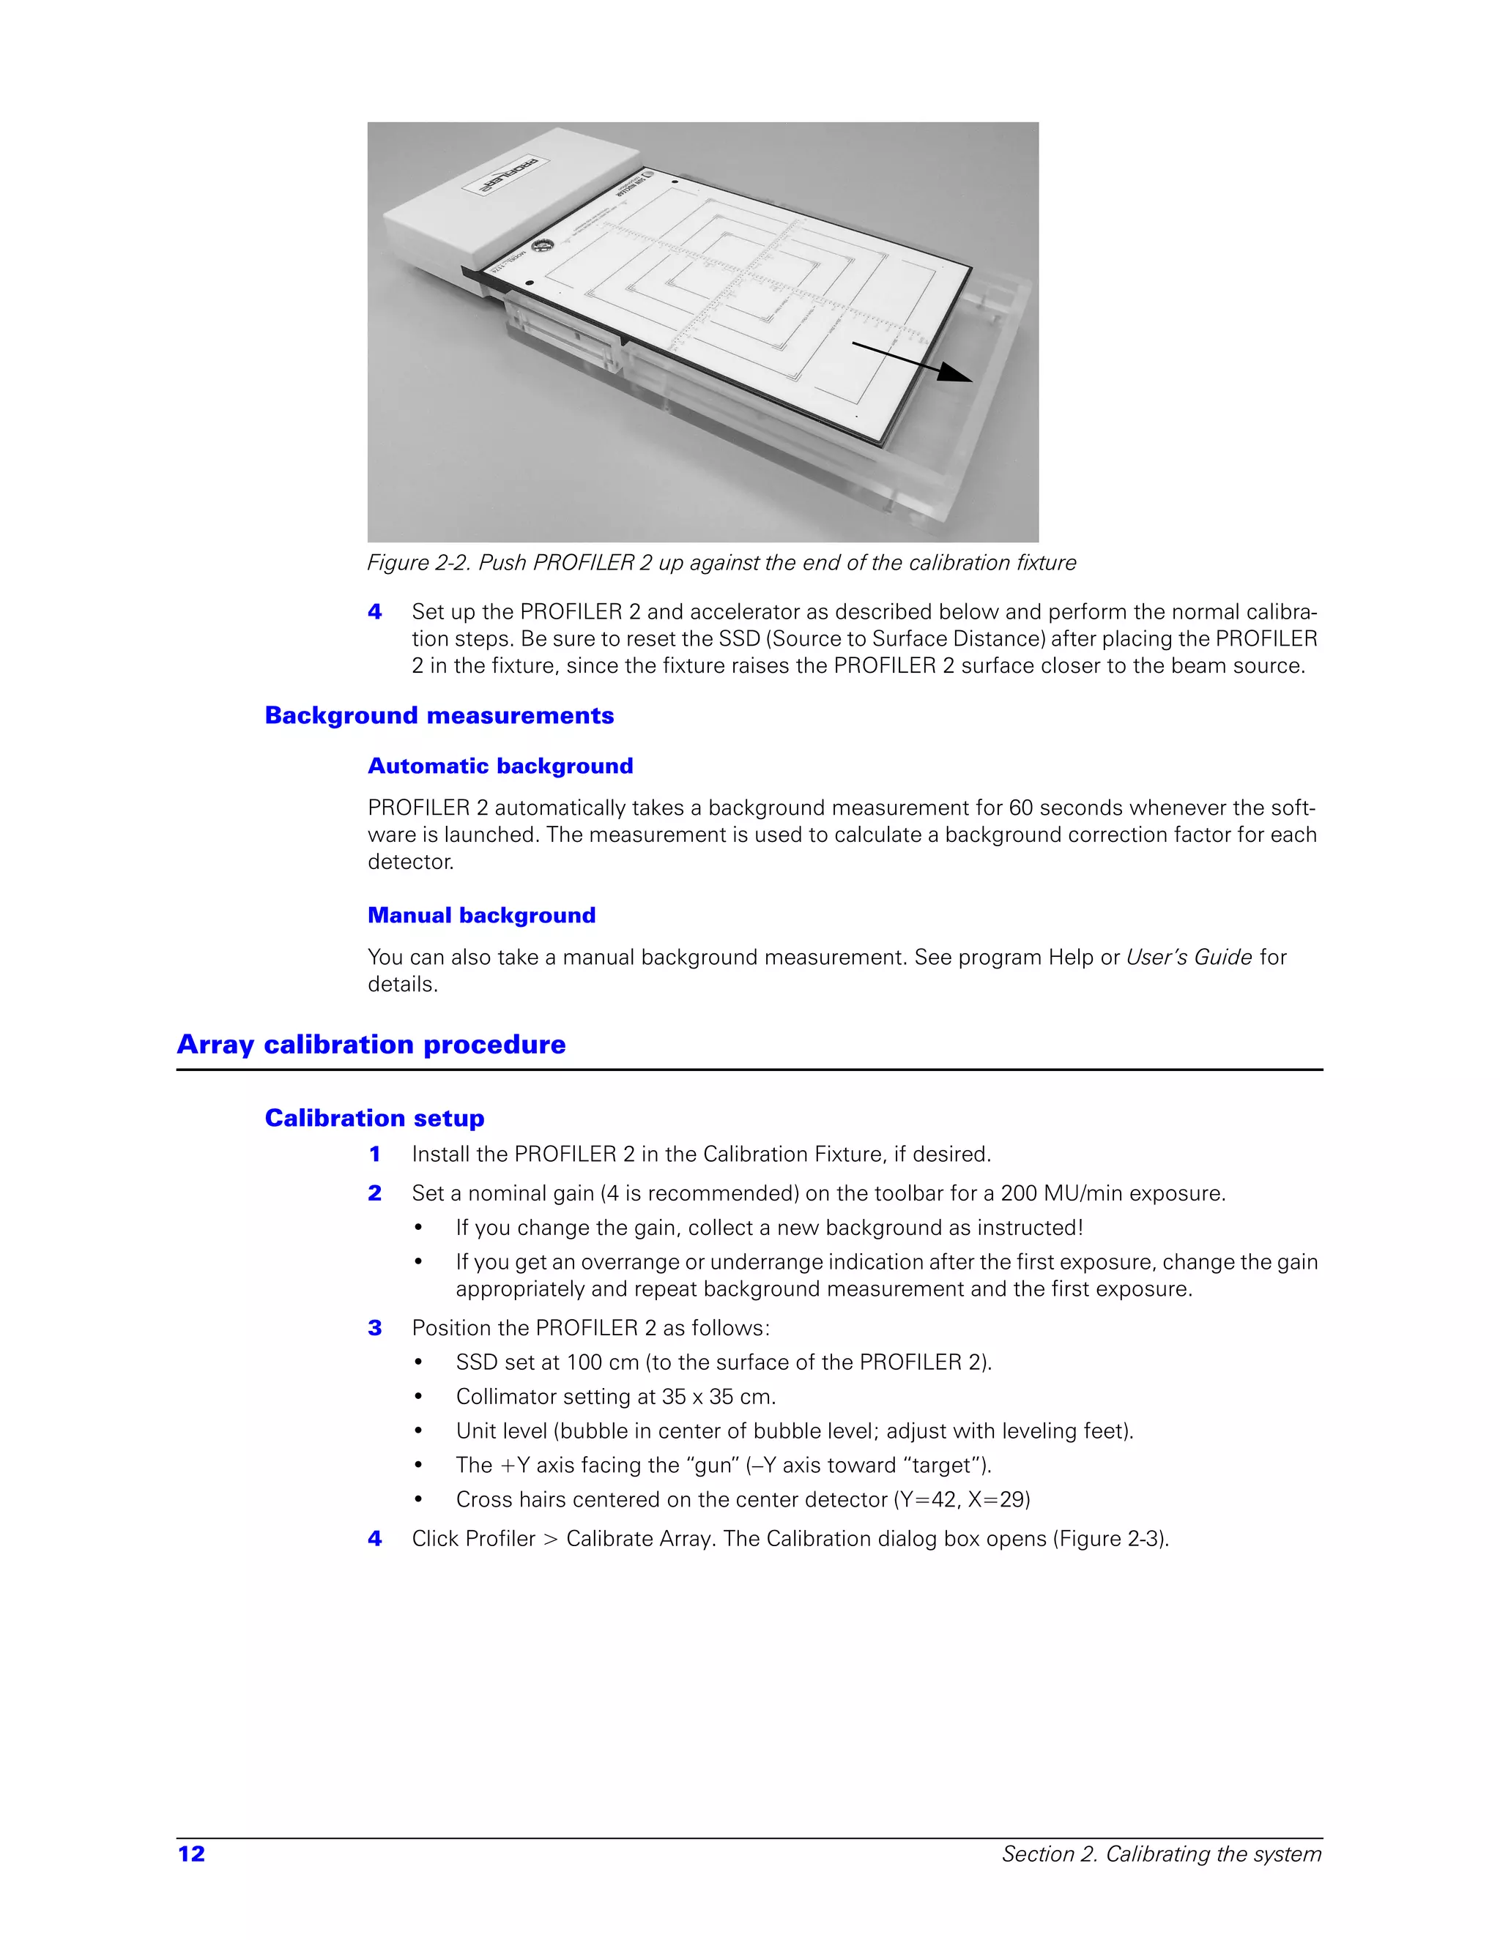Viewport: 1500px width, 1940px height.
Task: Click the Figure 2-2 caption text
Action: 721,563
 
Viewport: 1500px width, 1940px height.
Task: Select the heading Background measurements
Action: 439,716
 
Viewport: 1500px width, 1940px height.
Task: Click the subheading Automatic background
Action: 500,766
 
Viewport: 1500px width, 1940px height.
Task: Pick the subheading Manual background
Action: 482,915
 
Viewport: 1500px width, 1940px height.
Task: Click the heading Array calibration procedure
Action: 371,1044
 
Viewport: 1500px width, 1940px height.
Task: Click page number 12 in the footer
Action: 191,1854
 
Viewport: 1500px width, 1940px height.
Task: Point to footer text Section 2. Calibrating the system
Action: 1162,1854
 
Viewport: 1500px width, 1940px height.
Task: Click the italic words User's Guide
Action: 1188,958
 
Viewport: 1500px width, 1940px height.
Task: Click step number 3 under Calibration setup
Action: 375,1328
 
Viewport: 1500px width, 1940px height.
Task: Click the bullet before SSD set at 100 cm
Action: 417,1362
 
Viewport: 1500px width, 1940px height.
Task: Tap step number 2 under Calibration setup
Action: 375,1194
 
